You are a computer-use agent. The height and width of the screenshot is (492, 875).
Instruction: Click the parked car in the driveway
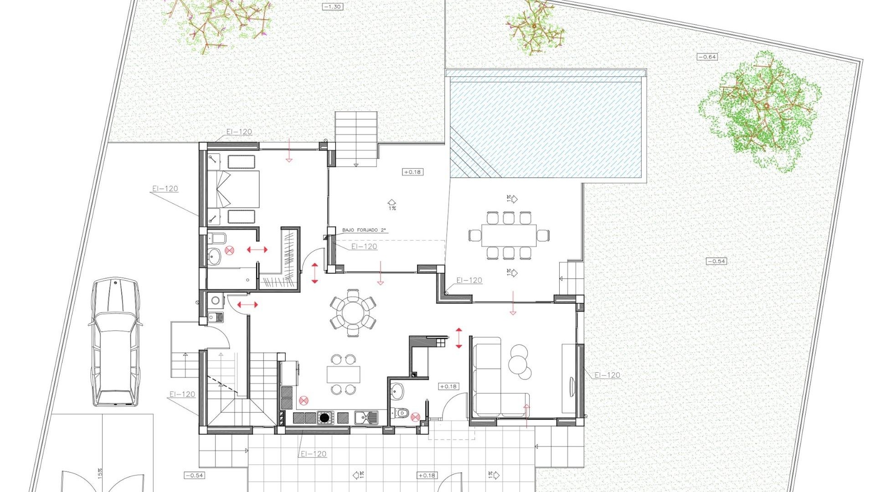pyautogui.click(x=115, y=342)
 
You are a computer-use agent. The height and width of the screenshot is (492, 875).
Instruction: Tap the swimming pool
pyautogui.click(x=546, y=128)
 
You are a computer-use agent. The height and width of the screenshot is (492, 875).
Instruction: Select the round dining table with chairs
pyautogui.click(x=353, y=313)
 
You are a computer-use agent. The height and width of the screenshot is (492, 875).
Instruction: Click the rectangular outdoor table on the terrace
pyautogui.click(x=509, y=235)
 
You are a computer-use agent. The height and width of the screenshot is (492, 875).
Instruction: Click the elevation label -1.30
pyautogui.click(x=332, y=7)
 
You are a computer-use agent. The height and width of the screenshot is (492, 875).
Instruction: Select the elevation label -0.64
pyautogui.click(x=707, y=57)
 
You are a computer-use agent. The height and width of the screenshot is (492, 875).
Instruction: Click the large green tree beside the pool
pyautogui.click(x=761, y=112)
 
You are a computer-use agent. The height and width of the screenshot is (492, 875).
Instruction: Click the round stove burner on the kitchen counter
pyautogui.click(x=324, y=417)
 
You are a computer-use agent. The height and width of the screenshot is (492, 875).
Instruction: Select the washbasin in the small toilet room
pyautogui.click(x=397, y=390)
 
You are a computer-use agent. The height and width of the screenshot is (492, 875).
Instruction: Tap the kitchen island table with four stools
pyautogui.click(x=343, y=374)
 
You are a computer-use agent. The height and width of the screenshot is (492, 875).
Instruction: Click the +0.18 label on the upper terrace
pyautogui.click(x=412, y=172)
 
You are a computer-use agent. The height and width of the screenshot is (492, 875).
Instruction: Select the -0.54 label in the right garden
pyautogui.click(x=716, y=261)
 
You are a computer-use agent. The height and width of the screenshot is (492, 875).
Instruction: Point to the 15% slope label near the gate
pyautogui.click(x=100, y=473)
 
